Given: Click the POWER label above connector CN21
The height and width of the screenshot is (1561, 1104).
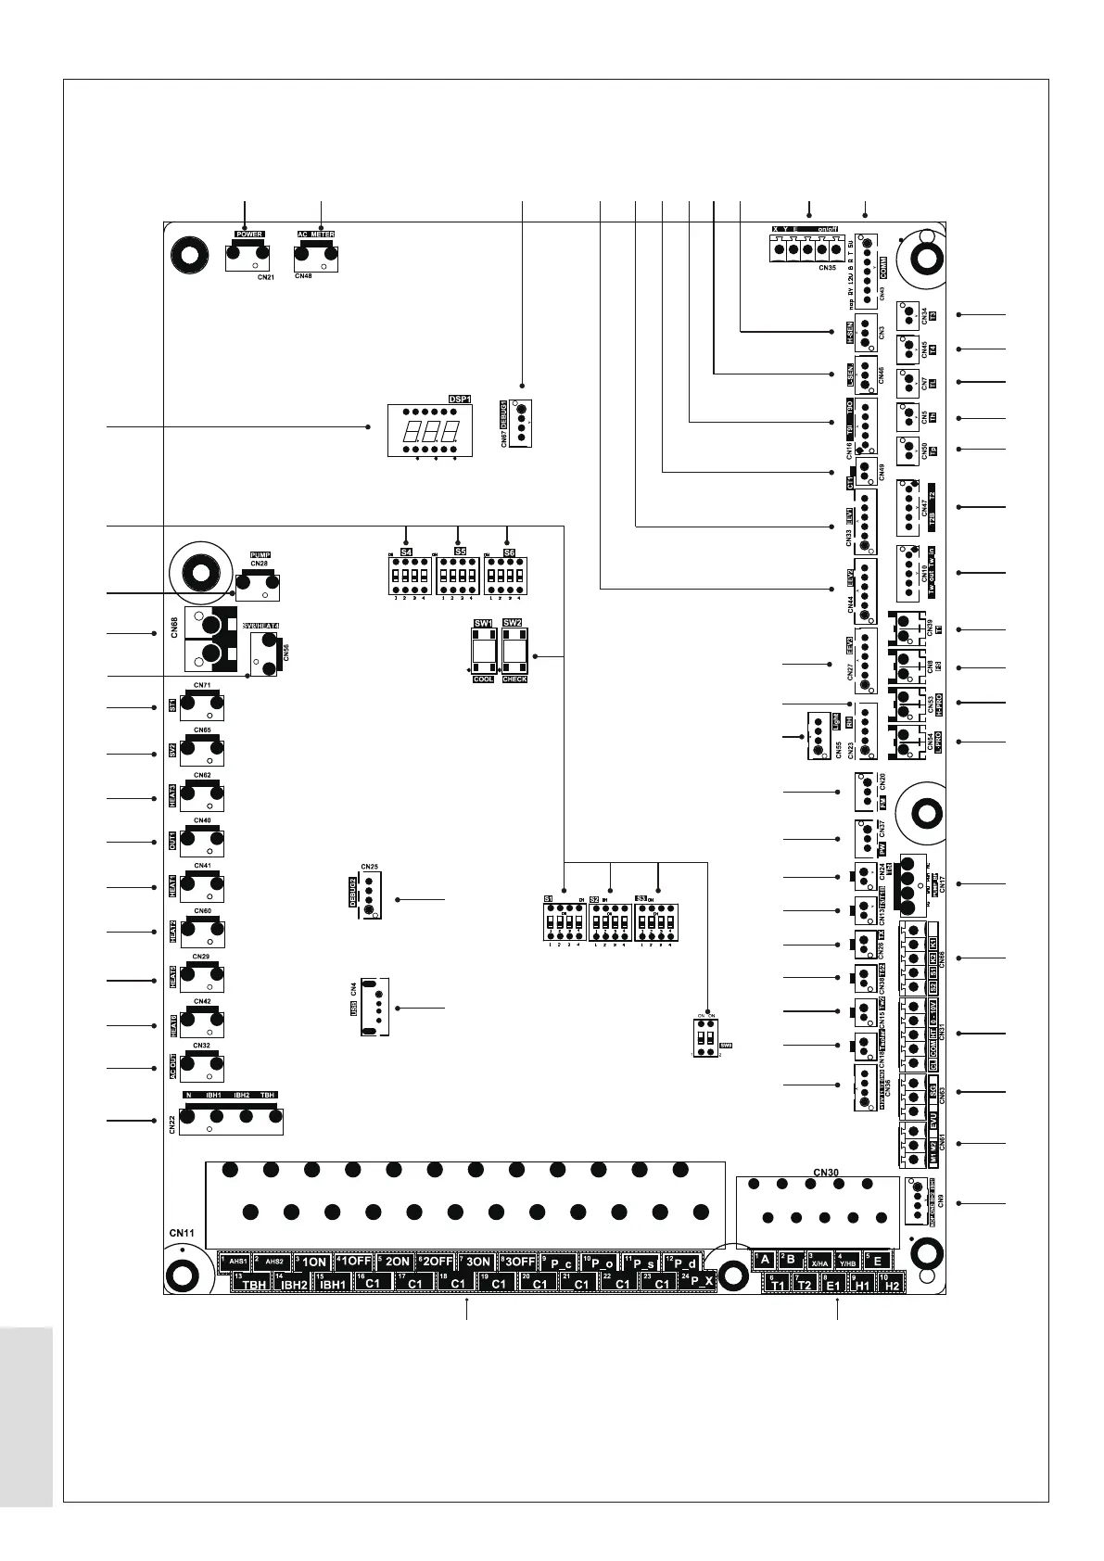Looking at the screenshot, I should click(x=248, y=235).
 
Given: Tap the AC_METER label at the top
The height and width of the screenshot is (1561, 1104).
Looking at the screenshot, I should click(x=315, y=235).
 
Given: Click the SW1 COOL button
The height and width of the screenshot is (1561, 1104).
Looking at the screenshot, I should click(x=484, y=655).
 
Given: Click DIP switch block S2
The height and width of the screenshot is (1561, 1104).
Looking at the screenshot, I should click(x=611, y=922).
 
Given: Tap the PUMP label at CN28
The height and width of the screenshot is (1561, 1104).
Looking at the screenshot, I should click(x=260, y=555).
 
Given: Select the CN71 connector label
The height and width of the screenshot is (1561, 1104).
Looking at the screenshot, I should click(x=202, y=686).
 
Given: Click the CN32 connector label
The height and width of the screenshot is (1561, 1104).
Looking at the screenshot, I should click(x=201, y=1046).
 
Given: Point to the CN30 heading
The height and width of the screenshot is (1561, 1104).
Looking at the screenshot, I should click(x=826, y=1173).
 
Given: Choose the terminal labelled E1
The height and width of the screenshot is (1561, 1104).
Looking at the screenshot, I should click(x=832, y=1285).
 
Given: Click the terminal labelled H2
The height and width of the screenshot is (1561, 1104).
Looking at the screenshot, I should click(x=891, y=1285).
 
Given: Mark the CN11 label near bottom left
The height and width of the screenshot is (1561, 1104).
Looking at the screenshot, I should click(x=182, y=1233).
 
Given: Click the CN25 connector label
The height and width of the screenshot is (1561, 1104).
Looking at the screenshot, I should click(x=370, y=867).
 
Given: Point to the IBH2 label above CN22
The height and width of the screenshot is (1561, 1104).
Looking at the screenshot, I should click(x=241, y=1096).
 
